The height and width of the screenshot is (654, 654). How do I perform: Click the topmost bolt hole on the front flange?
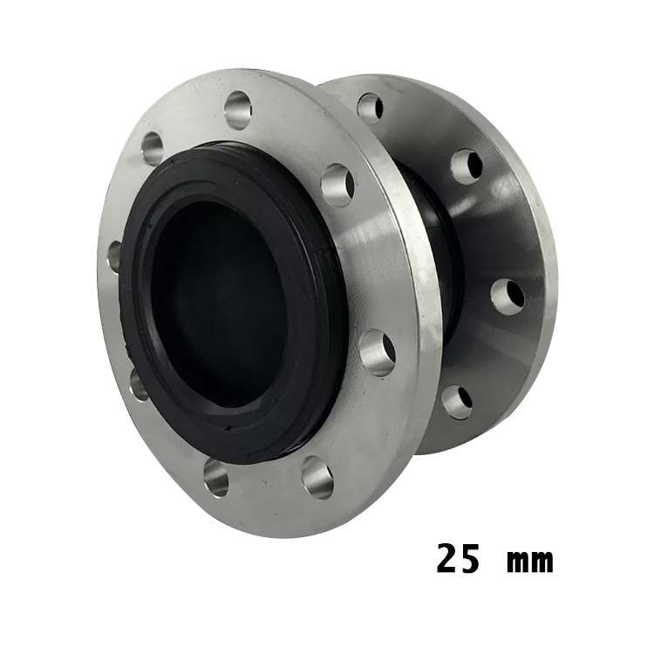238,110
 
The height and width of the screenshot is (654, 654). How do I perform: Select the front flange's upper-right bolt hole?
338,185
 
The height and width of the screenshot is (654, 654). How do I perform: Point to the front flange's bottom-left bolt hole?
216,478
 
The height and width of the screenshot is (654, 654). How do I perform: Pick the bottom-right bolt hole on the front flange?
317,478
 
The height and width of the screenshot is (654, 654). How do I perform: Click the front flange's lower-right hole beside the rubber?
377,353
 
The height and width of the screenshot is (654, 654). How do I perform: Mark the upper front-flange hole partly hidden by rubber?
115,256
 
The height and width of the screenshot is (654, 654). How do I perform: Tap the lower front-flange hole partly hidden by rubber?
139,384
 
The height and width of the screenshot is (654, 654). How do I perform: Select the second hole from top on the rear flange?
467,167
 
